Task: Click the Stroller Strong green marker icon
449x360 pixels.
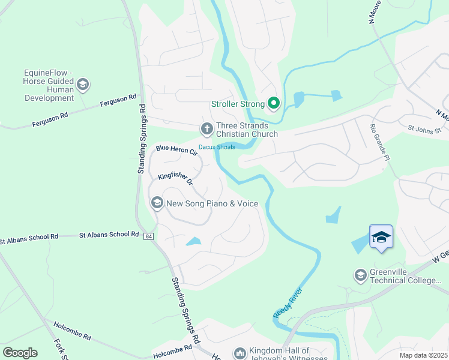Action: point(273,104)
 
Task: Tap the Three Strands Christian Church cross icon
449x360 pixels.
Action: point(206,128)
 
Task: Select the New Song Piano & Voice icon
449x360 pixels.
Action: point(157,203)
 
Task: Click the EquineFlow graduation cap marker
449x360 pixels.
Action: point(83,84)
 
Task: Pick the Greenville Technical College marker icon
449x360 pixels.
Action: point(361,275)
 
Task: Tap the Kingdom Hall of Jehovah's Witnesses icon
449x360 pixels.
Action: point(240,354)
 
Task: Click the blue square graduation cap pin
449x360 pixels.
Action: point(381,237)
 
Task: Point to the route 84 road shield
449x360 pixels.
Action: point(149,236)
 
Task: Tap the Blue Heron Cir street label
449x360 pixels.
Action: point(176,150)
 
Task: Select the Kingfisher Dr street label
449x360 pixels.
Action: point(175,179)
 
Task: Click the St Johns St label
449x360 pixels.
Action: point(424,128)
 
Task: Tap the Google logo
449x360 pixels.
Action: point(20,353)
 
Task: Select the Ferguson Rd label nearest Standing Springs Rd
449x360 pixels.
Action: point(119,100)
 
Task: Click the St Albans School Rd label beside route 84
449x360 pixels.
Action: point(109,235)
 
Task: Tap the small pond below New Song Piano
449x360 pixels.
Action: point(193,241)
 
